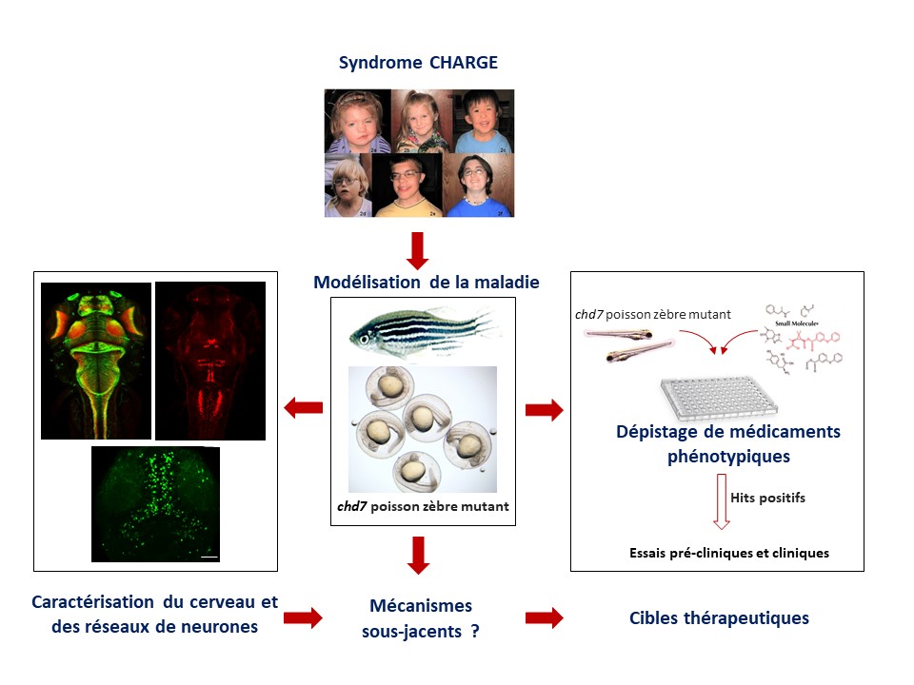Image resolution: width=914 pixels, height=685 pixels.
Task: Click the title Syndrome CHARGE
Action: coord(418,64)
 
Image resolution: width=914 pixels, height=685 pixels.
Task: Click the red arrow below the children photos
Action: coord(418,248)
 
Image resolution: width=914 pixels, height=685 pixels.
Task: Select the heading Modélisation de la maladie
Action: coord(427,283)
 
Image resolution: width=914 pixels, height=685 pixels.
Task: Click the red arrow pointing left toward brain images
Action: coord(304,409)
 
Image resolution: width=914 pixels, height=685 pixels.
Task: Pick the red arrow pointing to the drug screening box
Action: coord(544,410)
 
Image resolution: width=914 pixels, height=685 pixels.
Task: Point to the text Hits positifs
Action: coord(761,497)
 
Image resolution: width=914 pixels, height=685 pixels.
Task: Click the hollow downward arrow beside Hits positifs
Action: coord(721,505)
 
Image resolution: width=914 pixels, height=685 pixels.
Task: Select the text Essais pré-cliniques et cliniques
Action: coord(728,553)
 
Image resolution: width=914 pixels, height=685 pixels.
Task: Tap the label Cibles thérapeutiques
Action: coord(719,618)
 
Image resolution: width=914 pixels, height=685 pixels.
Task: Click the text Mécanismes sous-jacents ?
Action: coord(420,617)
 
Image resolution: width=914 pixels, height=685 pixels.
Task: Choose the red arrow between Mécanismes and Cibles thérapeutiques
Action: coord(544,618)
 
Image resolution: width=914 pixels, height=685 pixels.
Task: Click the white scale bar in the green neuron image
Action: coord(210,556)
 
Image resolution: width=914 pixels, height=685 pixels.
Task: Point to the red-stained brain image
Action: coord(209,360)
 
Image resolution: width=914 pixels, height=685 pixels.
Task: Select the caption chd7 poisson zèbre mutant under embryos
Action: coord(423,507)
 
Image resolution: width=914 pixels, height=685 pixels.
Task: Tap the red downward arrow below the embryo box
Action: coord(418,556)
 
